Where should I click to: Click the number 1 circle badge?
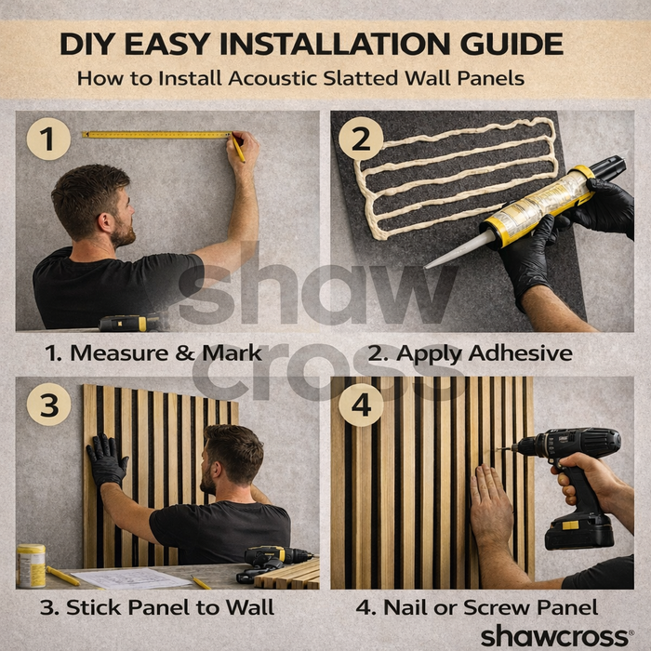(48, 139)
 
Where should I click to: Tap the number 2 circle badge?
(361, 139)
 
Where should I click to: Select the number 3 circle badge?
(48, 405)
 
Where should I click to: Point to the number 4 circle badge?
(361, 405)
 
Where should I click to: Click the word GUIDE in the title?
(511, 44)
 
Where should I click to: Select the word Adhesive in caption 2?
(521, 353)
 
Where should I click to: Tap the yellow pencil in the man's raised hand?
(238, 147)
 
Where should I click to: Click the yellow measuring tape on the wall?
(156, 135)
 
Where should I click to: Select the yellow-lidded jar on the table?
(31, 565)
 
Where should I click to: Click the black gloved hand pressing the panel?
(107, 460)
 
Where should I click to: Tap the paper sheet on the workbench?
(132, 578)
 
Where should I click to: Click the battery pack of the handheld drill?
(579, 531)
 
